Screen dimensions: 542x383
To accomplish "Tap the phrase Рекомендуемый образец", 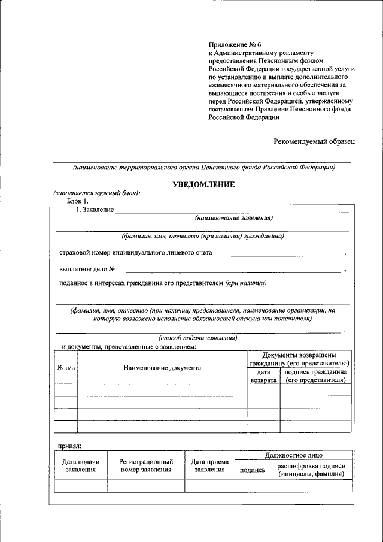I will [x=314, y=141].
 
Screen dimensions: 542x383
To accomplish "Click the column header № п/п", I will [x=65, y=368].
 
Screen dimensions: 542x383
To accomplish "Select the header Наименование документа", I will [x=162, y=368].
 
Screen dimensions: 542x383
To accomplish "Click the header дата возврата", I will [x=263, y=376].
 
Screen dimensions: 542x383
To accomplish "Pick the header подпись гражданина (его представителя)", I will [x=315, y=376].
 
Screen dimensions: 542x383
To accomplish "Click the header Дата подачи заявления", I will [x=81, y=466].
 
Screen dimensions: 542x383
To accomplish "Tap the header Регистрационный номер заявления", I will [x=146, y=466].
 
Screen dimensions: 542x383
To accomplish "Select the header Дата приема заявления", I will [x=209, y=466].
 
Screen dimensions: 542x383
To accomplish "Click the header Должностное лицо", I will [x=293, y=455].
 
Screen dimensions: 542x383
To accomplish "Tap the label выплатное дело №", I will [x=87, y=270].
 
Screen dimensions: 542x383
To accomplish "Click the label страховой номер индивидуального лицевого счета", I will [x=135, y=253].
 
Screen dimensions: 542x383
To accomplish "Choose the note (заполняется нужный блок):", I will [x=97, y=193].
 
